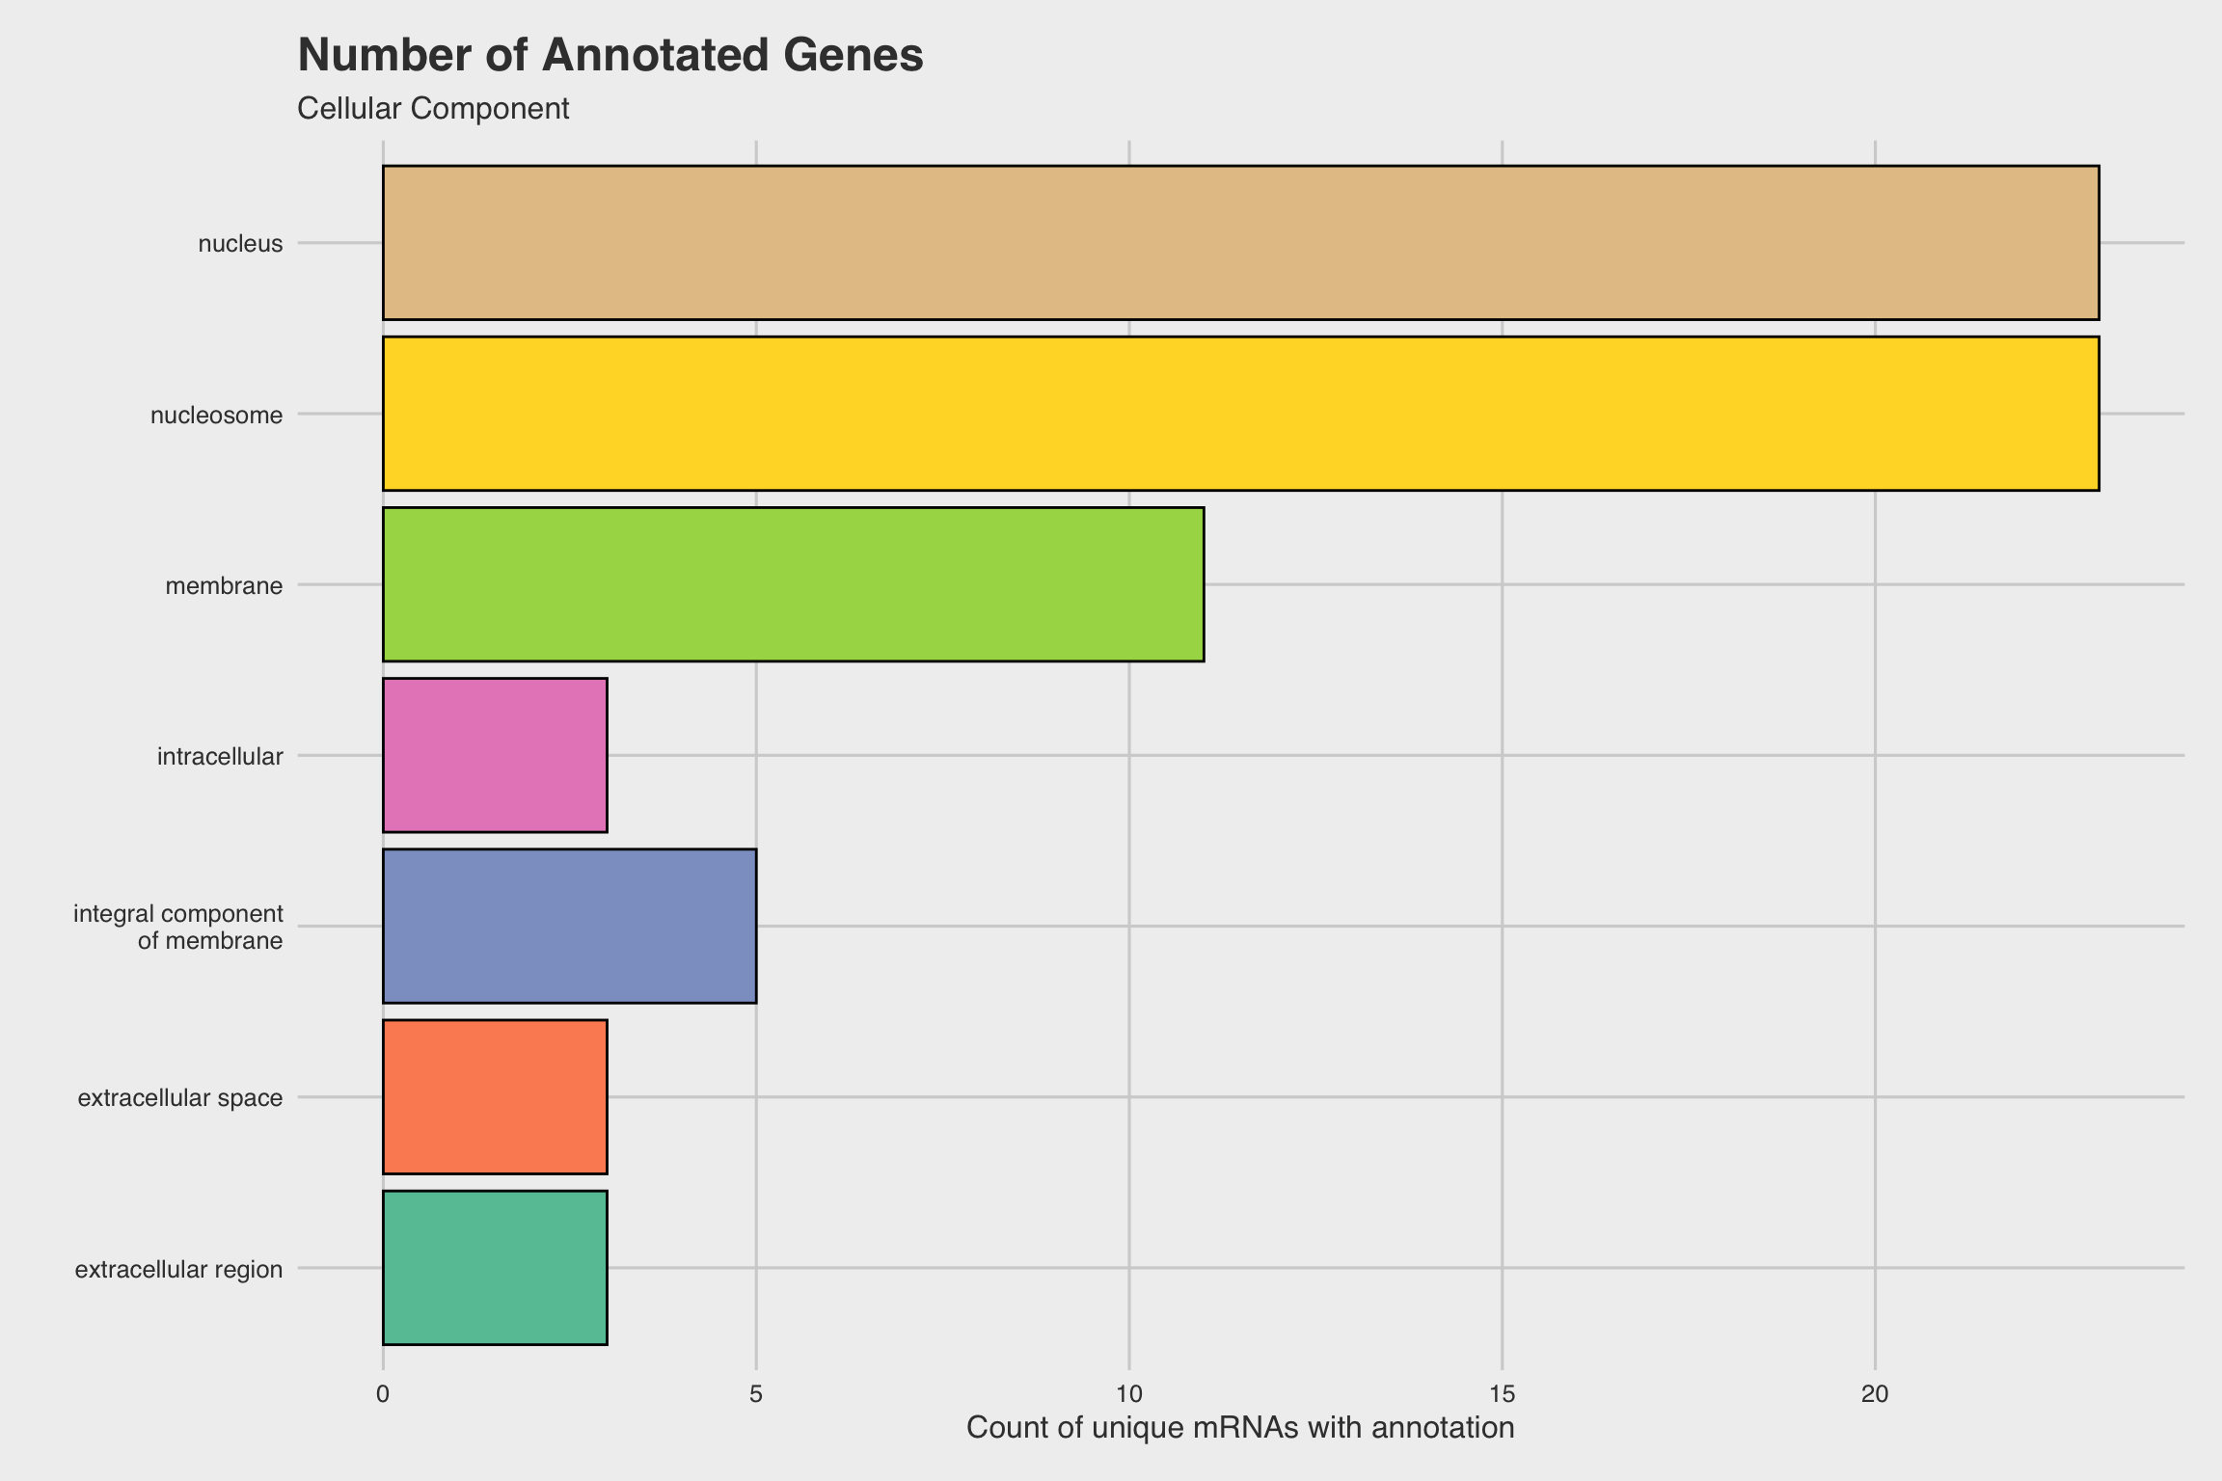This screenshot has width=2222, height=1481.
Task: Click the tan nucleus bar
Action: point(1240,243)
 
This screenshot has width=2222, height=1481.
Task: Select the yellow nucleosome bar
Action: point(1240,414)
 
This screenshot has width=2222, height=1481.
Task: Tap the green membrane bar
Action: point(793,584)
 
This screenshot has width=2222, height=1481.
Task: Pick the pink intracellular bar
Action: point(495,755)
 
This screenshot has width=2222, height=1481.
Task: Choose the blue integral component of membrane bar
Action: point(569,926)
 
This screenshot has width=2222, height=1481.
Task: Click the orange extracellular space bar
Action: point(495,1097)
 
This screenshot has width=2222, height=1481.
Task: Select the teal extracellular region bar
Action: point(495,1268)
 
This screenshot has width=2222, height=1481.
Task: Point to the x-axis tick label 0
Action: point(383,1394)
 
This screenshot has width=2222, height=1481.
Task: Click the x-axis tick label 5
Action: point(756,1394)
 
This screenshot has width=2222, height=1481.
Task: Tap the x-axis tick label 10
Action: point(1129,1394)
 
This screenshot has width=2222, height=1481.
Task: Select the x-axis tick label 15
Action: point(1503,1394)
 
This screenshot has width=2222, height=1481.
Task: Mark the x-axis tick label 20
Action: point(1875,1394)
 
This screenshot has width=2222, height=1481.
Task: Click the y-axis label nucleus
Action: point(240,244)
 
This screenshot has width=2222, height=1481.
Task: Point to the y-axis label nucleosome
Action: point(217,416)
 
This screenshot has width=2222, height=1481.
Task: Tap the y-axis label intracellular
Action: point(220,757)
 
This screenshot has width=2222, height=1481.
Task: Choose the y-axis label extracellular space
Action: point(180,1098)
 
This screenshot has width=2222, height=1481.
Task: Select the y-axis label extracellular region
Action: point(178,1270)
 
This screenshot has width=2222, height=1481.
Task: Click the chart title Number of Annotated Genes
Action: point(610,55)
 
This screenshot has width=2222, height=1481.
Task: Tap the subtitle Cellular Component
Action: point(433,109)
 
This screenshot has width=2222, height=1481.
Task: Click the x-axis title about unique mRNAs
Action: point(1240,1428)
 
